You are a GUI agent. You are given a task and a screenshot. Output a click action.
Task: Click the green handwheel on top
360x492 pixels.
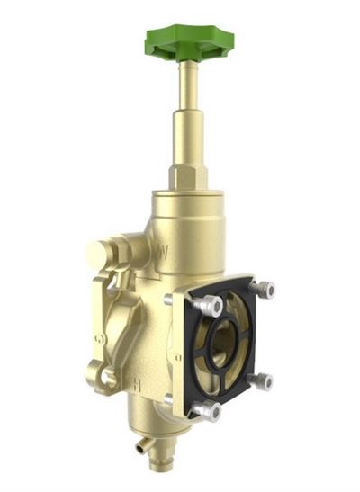tap(189, 40)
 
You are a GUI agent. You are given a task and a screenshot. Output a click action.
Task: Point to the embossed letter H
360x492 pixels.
tap(137, 383)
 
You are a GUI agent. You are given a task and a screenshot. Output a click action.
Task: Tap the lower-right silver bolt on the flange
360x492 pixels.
tap(261, 381)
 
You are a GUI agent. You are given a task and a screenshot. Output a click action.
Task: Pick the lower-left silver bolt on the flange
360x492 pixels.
tap(207, 411)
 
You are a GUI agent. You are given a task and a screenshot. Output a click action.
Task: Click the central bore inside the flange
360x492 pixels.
tap(224, 346)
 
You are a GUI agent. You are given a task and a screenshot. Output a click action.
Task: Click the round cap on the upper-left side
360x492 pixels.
tap(102, 255)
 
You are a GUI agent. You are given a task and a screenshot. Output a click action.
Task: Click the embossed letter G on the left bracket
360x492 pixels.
tap(99, 339)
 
